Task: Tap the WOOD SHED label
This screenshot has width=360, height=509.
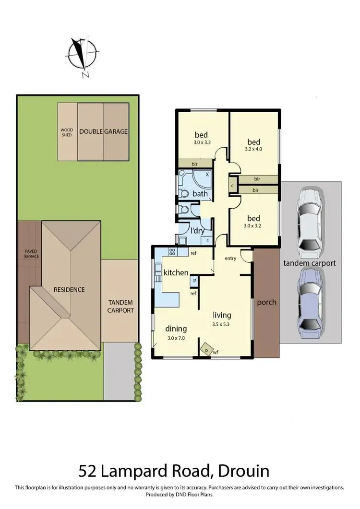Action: pyautogui.click(x=66, y=132)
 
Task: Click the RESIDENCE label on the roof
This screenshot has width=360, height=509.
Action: pyautogui.click(x=69, y=289)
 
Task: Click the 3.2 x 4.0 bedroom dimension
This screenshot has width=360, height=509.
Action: pyautogui.click(x=254, y=149)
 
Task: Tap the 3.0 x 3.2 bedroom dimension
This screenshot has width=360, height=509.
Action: pyautogui.click(x=254, y=225)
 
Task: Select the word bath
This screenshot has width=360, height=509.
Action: pyautogui.click(x=199, y=194)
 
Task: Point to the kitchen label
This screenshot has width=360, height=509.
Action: pyautogui.click(x=176, y=272)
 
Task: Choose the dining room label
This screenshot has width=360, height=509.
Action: pyautogui.click(x=176, y=329)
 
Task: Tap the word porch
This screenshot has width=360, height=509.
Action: pyautogui.click(x=266, y=303)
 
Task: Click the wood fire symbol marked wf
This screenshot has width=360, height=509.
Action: pyautogui.click(x=208, y=349)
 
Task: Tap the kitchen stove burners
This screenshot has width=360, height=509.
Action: pyautogui.click(x=172, y=252)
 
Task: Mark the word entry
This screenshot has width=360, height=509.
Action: pyautogui.click(x=230, y=258)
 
